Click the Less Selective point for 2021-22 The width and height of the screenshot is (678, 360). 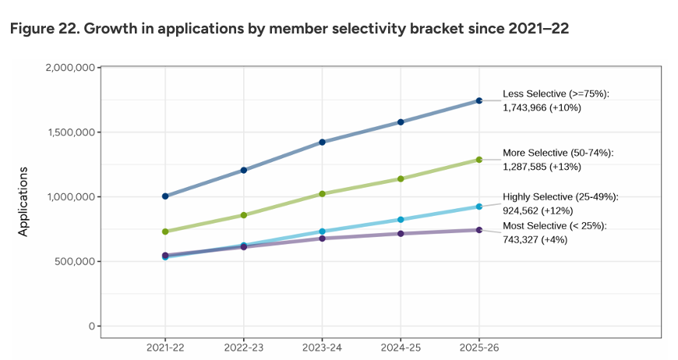point(165,196)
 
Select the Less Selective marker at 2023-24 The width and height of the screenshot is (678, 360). point(322,143)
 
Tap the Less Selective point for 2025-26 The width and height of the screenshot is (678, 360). point(479,101)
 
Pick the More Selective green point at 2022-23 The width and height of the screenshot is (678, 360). point(244,215)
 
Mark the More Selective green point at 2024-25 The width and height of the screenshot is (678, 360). point(401,178)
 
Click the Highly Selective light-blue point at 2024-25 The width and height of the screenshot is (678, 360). point(401,220)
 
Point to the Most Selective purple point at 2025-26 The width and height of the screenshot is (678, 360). point(479,230)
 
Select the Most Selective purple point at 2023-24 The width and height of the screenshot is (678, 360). point(322,238)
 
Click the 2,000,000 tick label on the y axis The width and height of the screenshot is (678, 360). point(71,68)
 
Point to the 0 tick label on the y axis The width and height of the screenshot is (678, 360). point(91,326)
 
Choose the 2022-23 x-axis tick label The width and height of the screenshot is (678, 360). point(244,347)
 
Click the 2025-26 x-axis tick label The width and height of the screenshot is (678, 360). point(479,347)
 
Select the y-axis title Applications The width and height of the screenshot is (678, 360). point(23,201)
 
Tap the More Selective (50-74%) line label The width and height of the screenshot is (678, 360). point(558,154)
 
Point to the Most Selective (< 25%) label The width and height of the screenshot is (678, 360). point(554,226)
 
